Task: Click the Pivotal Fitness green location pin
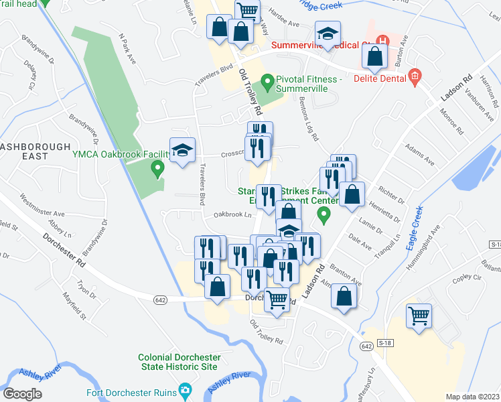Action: click(267, 83)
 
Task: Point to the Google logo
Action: click(22, 394)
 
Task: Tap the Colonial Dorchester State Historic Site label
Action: click(177, 362)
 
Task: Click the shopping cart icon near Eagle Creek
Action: click(419, 316)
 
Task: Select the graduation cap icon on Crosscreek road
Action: click(182, 151)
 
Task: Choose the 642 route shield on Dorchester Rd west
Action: click(159, 299)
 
